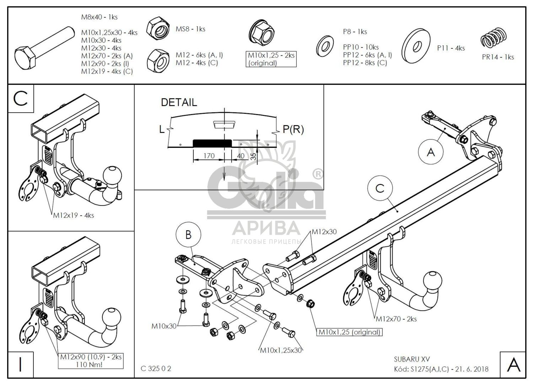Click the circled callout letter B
(x=188, y=235)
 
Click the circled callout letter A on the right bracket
(x=431, y=152)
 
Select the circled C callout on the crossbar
(x=380, y=188)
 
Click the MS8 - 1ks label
(x=190, y=29)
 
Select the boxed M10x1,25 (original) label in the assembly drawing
(x=349, y=332)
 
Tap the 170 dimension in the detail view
(x=209, y=156)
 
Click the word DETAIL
(x=179, y=102)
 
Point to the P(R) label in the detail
(x=293, y=129)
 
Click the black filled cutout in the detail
(x=212, y=143)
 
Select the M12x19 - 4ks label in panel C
(x=74, y=215)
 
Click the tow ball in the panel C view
(x=112, y=175)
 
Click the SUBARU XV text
(x=412, y=359)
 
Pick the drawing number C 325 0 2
(x=156, y=368)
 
